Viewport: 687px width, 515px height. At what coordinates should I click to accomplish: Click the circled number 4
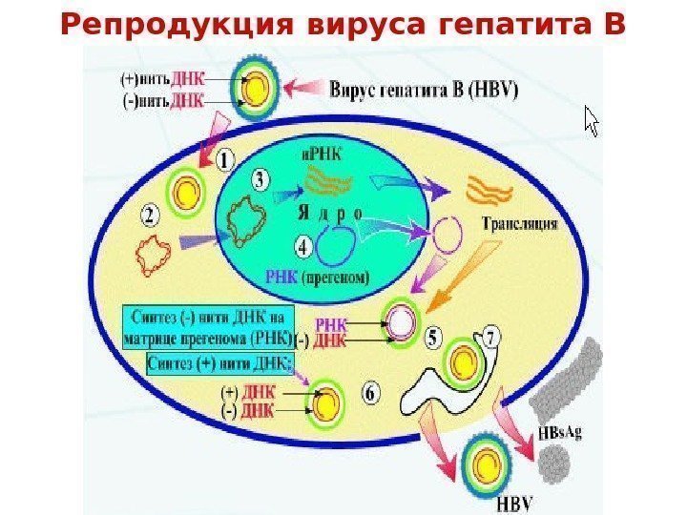point(303,248)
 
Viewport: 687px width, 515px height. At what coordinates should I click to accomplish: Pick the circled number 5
point(433,338)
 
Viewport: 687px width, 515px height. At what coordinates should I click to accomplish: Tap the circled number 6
point(373,391)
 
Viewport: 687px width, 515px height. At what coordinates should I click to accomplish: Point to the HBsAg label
point(561,432)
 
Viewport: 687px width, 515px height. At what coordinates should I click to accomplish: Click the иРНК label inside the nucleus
point(319,153)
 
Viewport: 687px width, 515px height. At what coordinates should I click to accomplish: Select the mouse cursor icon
point(592,121)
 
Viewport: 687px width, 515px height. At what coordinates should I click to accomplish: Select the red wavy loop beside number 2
point(156,256)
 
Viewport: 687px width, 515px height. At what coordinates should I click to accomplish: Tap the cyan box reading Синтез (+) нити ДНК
point(220,363)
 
